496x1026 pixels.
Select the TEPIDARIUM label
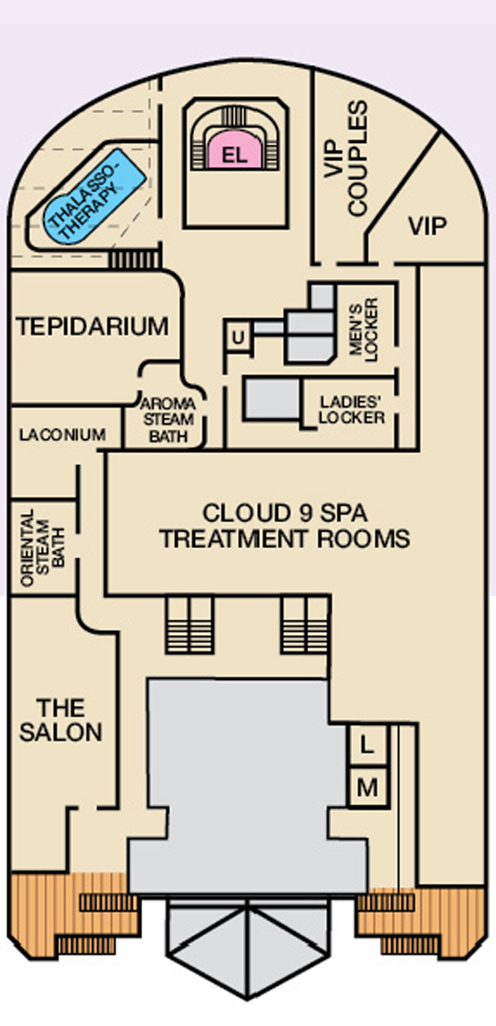(x=93, y=326)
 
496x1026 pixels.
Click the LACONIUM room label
(x=62, y=435)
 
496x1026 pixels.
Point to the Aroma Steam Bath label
(x=167, y=420)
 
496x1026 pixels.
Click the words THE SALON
(x=61, y=719)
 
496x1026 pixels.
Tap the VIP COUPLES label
(x=346, y=159)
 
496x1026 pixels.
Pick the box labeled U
(x=237, y=338)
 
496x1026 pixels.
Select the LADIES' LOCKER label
(x=352, y=410)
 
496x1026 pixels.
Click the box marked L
(x=367, y=745)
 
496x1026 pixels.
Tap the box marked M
(x=367, y=787)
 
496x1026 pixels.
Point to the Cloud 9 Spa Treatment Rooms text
(x=284, y=525)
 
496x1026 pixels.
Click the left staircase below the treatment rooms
(x=189, y=624)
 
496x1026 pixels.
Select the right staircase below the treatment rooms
(x=304, y=624)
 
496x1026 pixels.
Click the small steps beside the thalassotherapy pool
(x=134, y=259)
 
